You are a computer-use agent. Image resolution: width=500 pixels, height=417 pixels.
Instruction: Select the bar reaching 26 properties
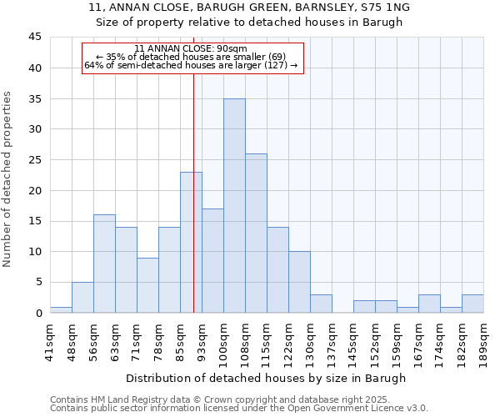pyautogui.click(x=256, y=233)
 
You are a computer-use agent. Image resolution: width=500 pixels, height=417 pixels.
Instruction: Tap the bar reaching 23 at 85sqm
pyautogui.click(x=191, y=242)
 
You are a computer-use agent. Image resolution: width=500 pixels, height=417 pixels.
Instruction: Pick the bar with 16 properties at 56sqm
pyautogui.click(x=104, y=264)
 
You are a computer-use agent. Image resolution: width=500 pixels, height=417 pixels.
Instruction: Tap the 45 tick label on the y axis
pyautogui.click(x=35, y=38)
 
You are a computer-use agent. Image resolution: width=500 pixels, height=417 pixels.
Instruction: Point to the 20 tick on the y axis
pyautogui.click(x=35, y=190)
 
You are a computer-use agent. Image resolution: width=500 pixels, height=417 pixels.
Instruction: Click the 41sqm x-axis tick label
pyautogui.click(x=50, y=341)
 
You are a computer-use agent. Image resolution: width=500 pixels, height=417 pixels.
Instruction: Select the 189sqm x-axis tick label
pyautogui.click(x=483, y=341)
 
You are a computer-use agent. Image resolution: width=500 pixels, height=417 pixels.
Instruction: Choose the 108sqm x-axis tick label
pyautogui.click(x=245, y=341)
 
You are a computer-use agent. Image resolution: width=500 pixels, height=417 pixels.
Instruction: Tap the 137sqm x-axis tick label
pyautogui.click(x=332, y=341)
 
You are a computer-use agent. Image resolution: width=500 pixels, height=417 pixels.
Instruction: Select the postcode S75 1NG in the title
pyautogui.click(x=379, y=8)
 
